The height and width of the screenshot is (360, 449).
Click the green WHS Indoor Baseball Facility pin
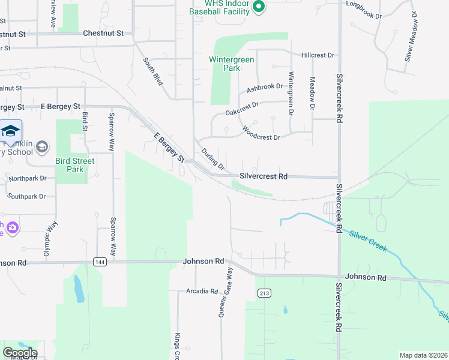coord(259,7)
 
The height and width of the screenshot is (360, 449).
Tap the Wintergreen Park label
coord(232,64)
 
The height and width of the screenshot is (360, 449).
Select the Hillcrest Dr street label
coord(318,55)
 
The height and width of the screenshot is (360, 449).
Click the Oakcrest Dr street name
coord(242,109)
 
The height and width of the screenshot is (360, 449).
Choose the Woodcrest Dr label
coord(261,133)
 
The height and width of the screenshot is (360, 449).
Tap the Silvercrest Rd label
coord(264,176)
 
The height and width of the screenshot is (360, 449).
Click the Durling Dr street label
coord(212,158)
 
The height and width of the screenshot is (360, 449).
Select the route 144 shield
coord(100,262)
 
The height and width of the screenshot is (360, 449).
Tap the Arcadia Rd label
coord(202,292)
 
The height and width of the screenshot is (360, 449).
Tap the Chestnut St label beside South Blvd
coord(103,33)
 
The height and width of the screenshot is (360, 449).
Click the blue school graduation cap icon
coord(10,131)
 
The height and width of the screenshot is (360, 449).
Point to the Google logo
coord(19,353)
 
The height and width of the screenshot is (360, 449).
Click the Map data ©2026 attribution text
coord(423,355)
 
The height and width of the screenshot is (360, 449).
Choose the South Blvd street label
coord(154,71)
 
